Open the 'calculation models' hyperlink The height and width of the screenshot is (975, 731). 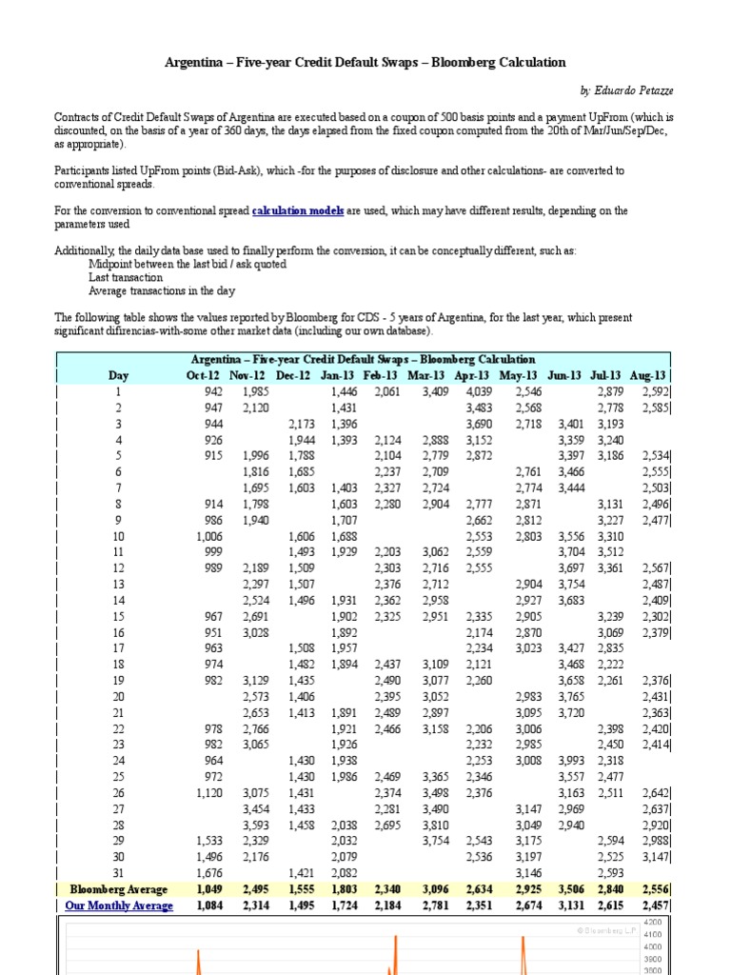point(298,210)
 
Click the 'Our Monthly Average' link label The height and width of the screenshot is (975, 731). point(119,905)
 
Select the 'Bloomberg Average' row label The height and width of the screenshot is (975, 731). point(119,889)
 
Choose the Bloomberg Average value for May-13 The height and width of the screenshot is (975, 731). point(530,889)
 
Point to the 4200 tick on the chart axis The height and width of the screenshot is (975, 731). point(654,923)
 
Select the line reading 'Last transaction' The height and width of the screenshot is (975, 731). point(125,277)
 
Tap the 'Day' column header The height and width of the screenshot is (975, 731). point(118,375)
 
